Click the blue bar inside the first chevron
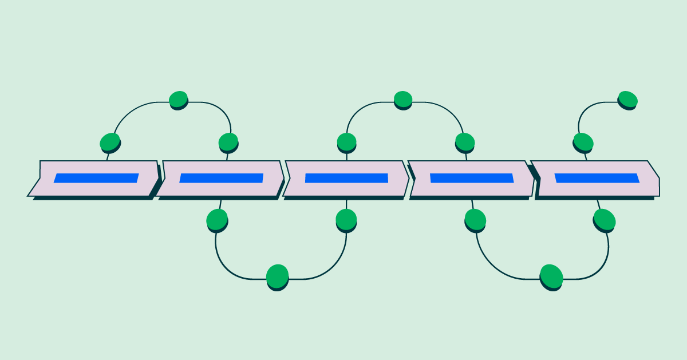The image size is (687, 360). point(96,178)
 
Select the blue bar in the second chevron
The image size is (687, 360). point(221,178)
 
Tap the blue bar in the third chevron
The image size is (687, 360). point(346,178)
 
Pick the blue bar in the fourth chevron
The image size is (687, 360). point(472,178)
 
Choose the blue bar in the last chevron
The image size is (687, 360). point(597,178)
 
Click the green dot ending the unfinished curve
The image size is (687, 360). point(627,100)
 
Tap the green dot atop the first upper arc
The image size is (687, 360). point(179,100)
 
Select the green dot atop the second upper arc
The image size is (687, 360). point(403,100)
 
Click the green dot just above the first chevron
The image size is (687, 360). point(110,141)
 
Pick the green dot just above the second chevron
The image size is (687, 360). point(228,141)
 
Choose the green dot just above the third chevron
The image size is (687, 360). point(346,141)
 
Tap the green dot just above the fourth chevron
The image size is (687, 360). point(465,141)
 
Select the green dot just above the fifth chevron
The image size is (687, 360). point(583,141)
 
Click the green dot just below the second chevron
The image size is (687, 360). point(217,219)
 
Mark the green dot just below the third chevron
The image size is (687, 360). point(346,219)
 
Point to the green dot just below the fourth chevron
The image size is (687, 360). point(475,219)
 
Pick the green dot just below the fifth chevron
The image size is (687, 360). point(604,219)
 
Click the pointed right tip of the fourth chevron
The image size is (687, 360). point(534,178)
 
